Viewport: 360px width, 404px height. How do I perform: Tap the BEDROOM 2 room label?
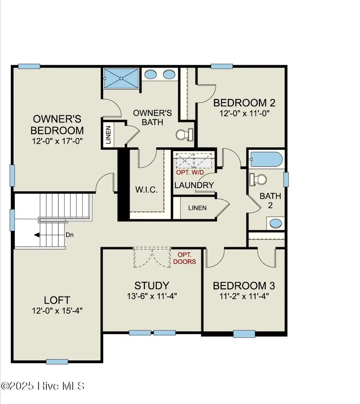(244, 103)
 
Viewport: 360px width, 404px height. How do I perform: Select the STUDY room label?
(151, 286)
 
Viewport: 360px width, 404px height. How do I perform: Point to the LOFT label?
(57, 300)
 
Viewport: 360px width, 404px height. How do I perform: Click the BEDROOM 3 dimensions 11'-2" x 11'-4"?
(244, 296)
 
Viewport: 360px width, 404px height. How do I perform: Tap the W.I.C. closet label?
(146, 189)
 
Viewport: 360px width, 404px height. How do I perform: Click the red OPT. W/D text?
(190, 172)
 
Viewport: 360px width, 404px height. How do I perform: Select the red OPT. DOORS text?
(186, 258)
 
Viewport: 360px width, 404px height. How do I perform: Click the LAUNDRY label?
(194, 185)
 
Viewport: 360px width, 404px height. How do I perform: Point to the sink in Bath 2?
(275, 223)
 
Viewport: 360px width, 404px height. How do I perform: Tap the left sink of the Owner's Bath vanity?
(151, 74)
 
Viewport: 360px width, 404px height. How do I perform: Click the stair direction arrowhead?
(37, 235)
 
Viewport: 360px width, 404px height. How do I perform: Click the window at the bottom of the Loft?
(57, 362)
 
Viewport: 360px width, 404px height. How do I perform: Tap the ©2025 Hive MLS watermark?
(43, 386)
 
